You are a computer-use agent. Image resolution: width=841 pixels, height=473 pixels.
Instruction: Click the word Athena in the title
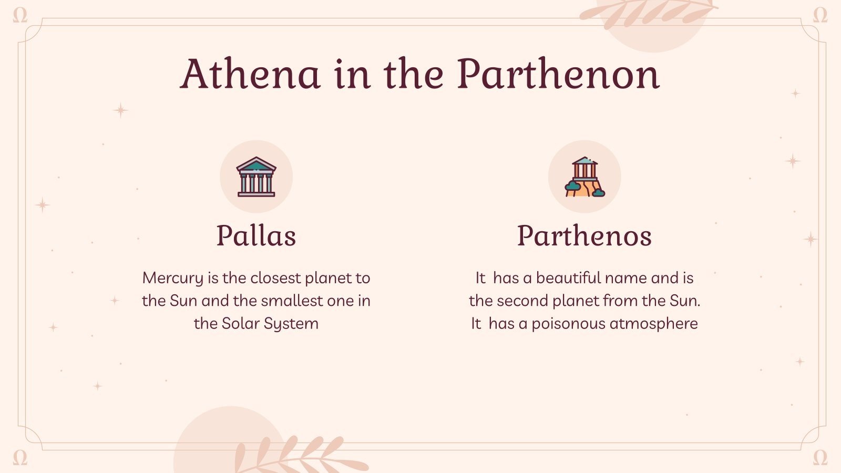250,75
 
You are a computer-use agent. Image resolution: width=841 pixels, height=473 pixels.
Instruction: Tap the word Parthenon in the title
558,75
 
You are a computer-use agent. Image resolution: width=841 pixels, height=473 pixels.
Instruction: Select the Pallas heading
256,235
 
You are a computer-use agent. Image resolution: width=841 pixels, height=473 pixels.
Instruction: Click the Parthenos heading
584,235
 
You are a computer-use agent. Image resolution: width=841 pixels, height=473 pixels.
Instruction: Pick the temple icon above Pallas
256,177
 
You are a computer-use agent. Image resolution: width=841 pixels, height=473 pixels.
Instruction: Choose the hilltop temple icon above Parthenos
584,177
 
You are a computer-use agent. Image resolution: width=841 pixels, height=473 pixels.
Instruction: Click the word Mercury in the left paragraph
172,278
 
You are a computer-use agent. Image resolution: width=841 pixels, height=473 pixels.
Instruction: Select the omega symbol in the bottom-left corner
20,457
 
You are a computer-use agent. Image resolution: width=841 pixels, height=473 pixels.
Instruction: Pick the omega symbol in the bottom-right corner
820,457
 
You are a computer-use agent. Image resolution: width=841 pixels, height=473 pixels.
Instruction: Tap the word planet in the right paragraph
575,301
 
